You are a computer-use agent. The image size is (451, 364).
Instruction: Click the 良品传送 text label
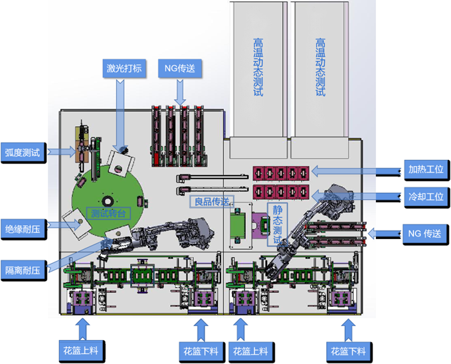click(211, 201)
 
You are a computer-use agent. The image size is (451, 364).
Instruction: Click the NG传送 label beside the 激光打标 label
click(179, 68)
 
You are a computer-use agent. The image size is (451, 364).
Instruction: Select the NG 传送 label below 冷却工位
click(426, 233)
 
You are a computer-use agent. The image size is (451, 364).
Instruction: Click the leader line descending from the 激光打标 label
click(120, 113)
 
